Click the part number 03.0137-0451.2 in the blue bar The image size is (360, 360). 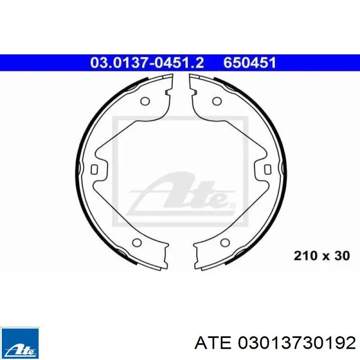pyautogui.click(x=147, y=63)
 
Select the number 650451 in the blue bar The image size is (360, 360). pyautogui.click(x=250, y=63)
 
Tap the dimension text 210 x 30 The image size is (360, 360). pyautogui.click(x=322, y=256)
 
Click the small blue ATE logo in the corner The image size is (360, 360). pyautogui.click(x=20, y=343)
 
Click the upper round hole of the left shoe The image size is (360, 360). pyautogui.click(x=145, y=101)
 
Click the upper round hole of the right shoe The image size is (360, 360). pyautogui.click(x=217, y=101)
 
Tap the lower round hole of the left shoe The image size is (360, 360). pyautogui.click(x=137, y=242)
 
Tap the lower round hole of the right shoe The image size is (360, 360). pyautogui.click(x=225, y=242)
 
